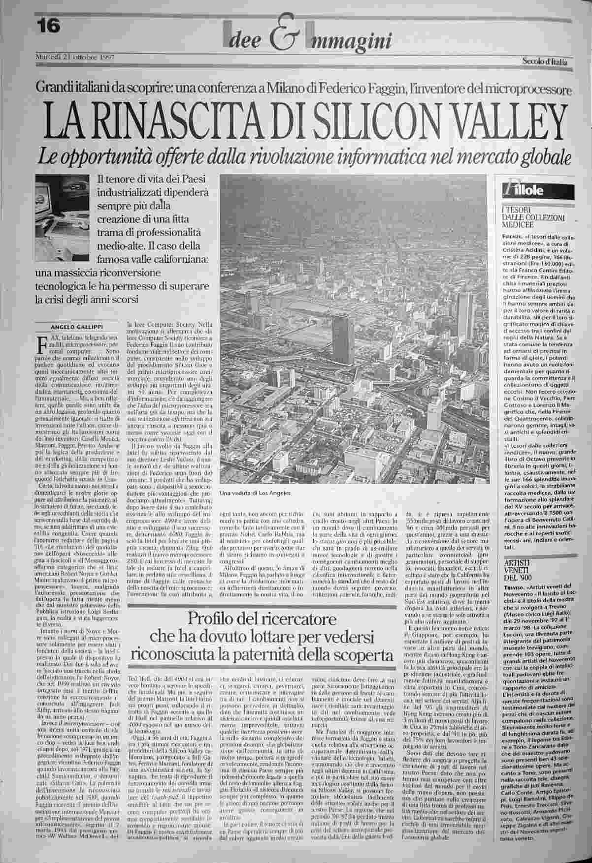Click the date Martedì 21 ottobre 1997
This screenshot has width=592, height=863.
click(75, 57)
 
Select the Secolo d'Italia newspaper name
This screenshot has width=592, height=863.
click(545, 62)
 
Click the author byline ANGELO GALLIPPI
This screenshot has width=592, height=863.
click(78, 328)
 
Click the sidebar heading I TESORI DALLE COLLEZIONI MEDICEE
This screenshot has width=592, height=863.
click(532, 217)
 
